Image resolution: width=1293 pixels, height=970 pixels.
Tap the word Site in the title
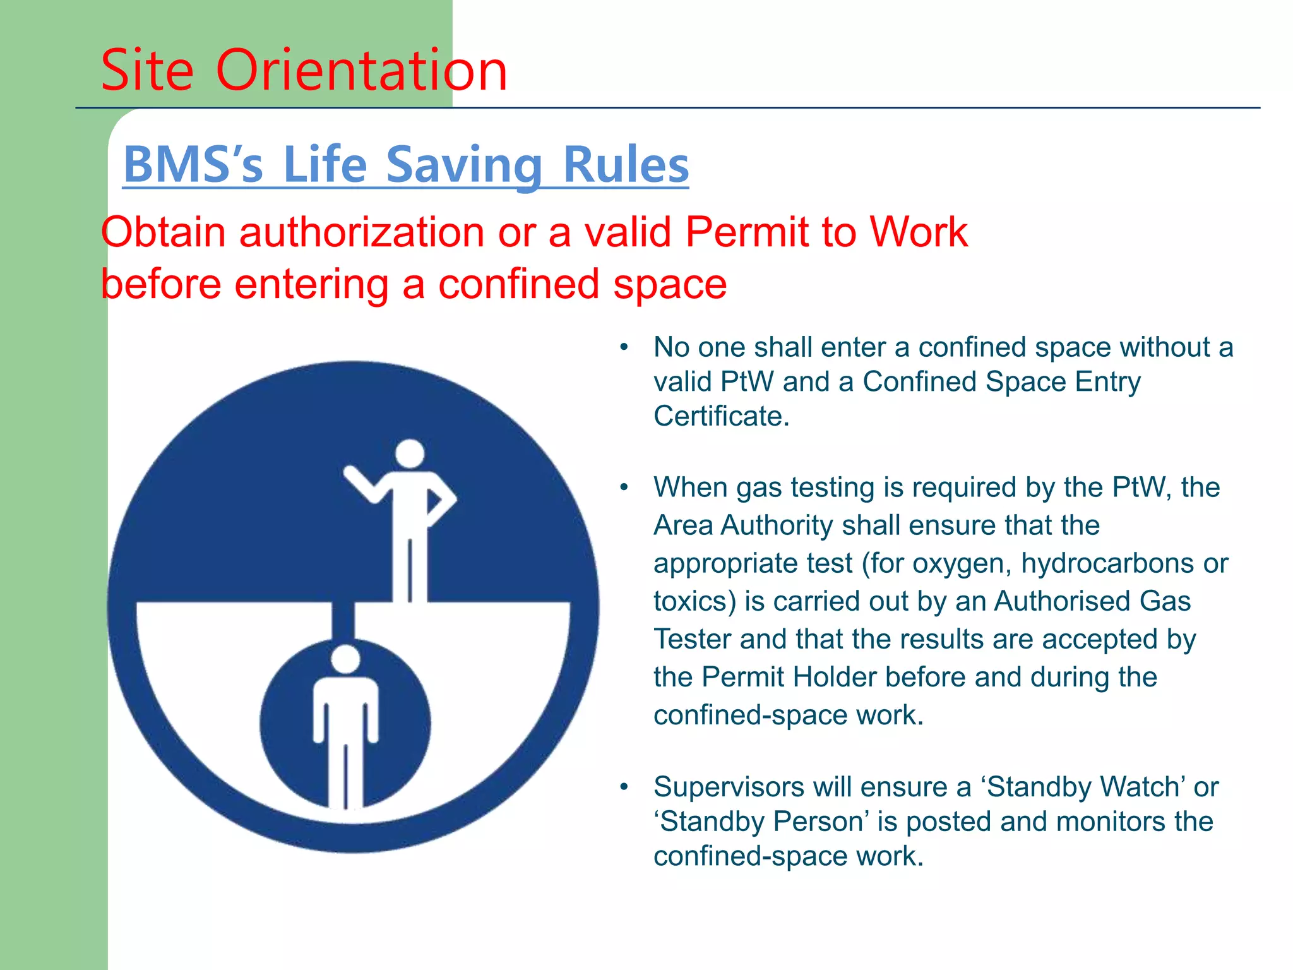pyautogui.click(x=147, y=70)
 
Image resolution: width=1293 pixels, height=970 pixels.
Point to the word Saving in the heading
pyautogui.click(x=464, y=165)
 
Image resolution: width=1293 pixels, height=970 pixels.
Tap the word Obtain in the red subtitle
pyautogui.click(x=163, y=232)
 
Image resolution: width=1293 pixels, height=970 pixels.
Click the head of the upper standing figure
pyautogui.click(x=410, y=453)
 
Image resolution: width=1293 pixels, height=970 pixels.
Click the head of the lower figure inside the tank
pyautogui.click(x=345, y=659)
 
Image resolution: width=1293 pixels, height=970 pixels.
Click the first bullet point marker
pyautogui.click(x=624, y=347)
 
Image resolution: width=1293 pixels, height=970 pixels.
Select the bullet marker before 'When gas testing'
pyautogui.click(x=624, y=488)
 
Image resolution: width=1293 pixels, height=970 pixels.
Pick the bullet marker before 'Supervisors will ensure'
pyautogui.click(x=624, y=787)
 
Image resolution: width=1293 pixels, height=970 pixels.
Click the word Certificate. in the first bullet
pyautogui.click(x=721, y=416)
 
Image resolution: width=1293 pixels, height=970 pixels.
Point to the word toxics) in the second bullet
pyautogui.click(x=694, y=601)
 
